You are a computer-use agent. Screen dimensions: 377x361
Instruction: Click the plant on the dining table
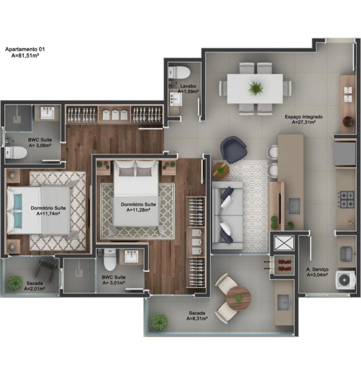255,88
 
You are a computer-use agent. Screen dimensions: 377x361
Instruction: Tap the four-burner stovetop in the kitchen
346,199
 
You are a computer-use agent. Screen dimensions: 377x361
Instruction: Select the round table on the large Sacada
238,298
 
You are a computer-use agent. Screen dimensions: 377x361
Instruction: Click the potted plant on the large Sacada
159,322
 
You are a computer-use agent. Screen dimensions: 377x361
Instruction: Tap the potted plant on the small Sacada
15,282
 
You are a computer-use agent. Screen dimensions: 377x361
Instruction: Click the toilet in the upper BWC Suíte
15,153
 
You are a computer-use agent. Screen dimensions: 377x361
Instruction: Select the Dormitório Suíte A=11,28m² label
138,207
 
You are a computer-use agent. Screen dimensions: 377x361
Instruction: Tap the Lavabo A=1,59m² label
188,88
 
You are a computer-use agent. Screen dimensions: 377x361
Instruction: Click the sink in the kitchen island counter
294,206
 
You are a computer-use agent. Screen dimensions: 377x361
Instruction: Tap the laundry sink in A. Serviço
346,253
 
